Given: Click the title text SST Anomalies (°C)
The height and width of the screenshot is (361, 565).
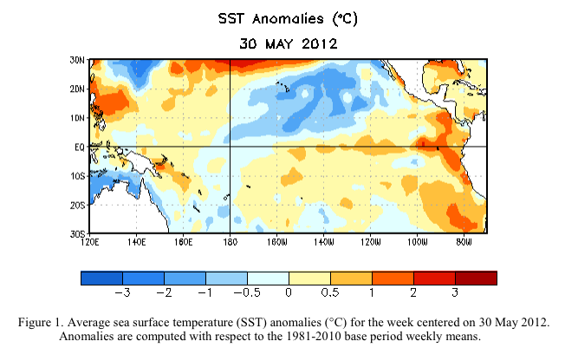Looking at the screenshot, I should point(282,18).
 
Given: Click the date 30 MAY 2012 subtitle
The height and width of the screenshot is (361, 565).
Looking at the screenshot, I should point(282,42).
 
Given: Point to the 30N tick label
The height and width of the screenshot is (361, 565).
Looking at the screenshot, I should point(78,60).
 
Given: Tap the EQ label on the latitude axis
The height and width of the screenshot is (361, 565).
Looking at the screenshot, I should point(80,147).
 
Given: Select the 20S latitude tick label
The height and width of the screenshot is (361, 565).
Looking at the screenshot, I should point(78,205).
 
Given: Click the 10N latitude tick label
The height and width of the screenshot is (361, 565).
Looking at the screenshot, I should point(78,117).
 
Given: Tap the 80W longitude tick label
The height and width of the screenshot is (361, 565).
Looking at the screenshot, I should point(464,243).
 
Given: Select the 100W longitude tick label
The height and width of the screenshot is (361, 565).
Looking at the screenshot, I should point(417,243).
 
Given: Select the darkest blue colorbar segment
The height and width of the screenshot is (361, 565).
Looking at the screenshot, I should point(101,278).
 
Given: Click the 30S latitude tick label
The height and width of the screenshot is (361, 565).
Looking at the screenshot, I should point(78,233).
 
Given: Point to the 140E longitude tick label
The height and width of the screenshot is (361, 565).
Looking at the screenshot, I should point(137,243).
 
